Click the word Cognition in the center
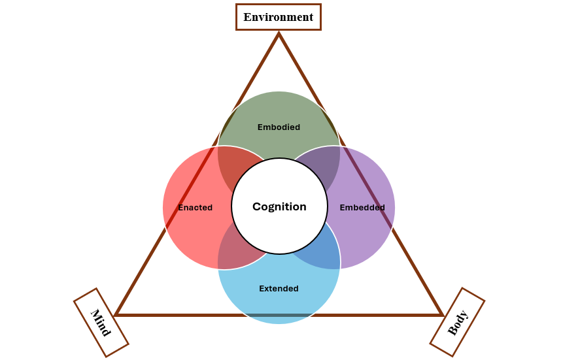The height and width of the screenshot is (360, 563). (279, 206)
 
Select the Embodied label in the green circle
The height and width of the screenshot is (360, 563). (279, 127)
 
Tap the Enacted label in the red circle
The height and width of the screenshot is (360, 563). (196, 208)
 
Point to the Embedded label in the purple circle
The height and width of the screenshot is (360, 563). (362, 208)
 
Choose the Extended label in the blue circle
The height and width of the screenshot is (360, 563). (279, 289)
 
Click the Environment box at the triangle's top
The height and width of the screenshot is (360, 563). (279, 17)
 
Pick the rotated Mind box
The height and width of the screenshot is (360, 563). (101, 323)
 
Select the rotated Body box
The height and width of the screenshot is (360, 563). (458, 322)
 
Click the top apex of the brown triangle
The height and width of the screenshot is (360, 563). (279, 35)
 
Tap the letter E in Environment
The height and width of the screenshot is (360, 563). (247, 17)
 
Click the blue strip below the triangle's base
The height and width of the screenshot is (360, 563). (279, 319)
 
